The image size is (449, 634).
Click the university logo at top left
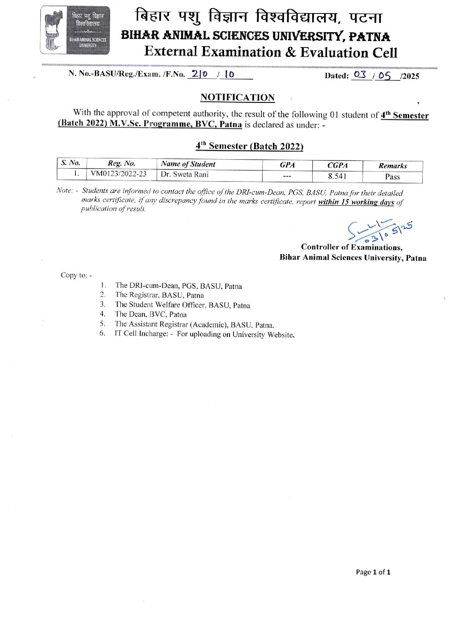click(x=75, y=30)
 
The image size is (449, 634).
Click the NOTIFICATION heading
click(x=237, y=97)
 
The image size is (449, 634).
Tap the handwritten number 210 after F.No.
click(x=199, y=74)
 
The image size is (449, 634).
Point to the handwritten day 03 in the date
click(x=360, y=75)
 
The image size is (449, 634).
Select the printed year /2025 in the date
click(x=410, y=76)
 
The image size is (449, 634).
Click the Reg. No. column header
click(x=122, y=163)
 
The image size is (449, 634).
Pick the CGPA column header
click(x=337, y=165)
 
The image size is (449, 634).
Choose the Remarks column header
click(x=392, y=166)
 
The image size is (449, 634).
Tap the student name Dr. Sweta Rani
click(x=185, y=174)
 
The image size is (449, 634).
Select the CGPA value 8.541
click(x=337, y=176)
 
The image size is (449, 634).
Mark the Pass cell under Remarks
click(x=392, y=177)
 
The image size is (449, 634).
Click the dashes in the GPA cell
click(x=287, y=176)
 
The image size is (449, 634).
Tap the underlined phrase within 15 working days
click(x=356, y=202)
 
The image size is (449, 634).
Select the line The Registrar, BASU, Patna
click(x=159, y=295)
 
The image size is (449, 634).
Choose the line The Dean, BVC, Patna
click(x=151, y=314)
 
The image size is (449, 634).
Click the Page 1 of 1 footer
click(x=373, y=572)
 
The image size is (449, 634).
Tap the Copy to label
click(x=76, y=275)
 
